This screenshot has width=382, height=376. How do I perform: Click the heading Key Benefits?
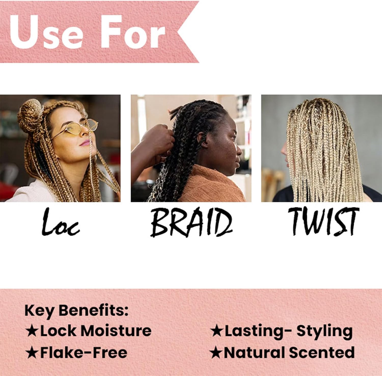(x=76, y=311)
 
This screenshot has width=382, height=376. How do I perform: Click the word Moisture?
(x=116, y=331)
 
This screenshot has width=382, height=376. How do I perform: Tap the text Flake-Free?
(x=84, y=353)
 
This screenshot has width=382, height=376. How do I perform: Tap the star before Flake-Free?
(x=32, y=353)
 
